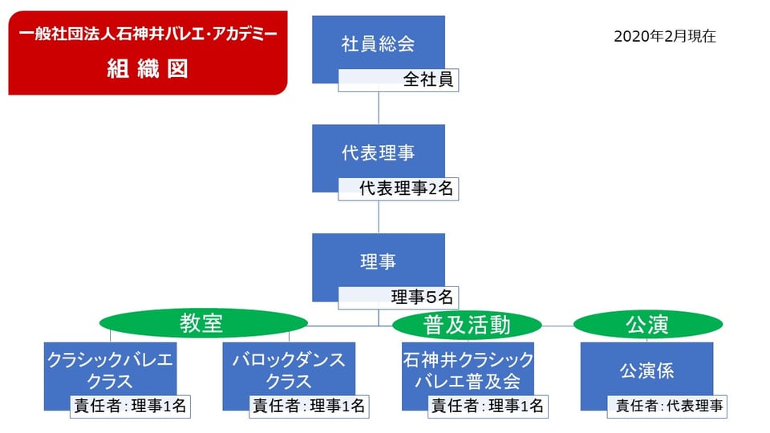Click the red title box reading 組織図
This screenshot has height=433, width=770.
click(x=148, y=53)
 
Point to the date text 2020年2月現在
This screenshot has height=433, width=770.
click(x=664, y=36)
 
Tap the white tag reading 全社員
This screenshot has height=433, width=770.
click(x=399, y=80)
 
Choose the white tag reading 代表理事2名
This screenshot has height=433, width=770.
click(x=399, y=189)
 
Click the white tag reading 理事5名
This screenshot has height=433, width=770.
click(x=399, y=297)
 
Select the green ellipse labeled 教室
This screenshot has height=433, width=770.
click(x=203, y=323)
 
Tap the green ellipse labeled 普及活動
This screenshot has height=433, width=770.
click(x=467, y=325)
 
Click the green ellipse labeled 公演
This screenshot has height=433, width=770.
click(x=648, y=325)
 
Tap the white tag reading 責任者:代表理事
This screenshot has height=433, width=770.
click(x=667, y=407)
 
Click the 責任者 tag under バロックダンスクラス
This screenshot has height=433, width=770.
click(x=309, y=407)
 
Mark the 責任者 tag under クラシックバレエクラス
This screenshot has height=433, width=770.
click(x=130, y=407)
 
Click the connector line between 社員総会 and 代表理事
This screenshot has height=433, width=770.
click(x=379, y=108)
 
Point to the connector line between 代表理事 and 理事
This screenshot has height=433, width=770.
click(x=379, y=217)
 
